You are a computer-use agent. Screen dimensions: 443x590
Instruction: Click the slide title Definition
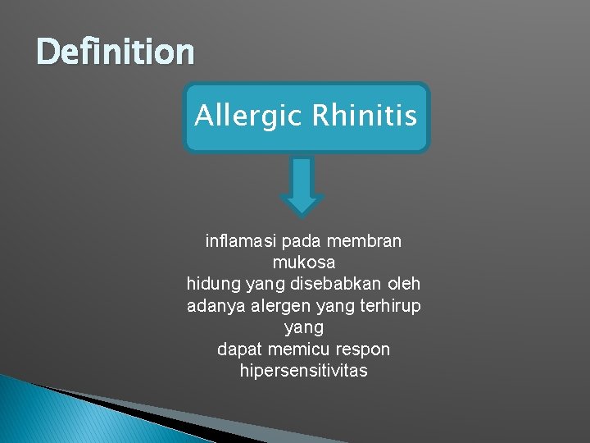click(x=116, y=53)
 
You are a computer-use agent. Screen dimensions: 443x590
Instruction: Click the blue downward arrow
click(x=302, y=186)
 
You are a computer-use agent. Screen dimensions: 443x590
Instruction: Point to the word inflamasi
click(x=239, y=242)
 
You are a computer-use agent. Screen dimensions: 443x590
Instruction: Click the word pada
click(x=302, y=242)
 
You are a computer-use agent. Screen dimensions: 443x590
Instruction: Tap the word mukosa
click(x=303, y=263)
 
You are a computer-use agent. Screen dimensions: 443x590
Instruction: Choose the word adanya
click(x=216, y=306)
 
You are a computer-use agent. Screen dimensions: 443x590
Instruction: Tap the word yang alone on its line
click(x=303, y=327)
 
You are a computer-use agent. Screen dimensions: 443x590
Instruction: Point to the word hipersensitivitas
click(x=303, y=370)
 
